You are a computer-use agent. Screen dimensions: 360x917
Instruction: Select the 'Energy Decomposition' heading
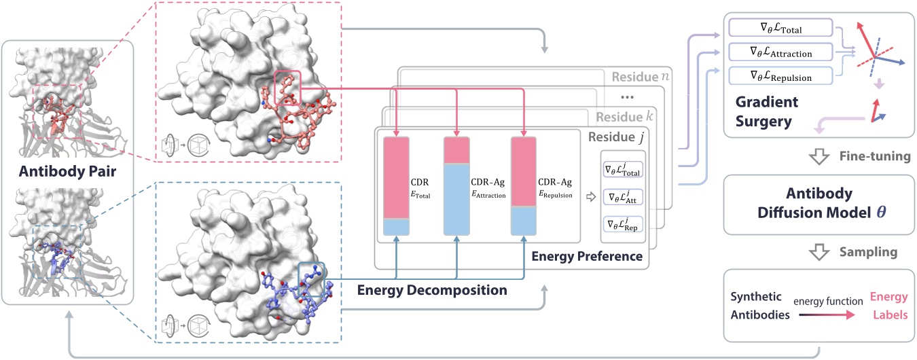[x=432, y=290]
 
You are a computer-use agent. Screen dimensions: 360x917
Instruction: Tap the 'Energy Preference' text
[x=586, y=256]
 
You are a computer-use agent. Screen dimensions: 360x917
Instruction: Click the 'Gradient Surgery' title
[x=766, y=111]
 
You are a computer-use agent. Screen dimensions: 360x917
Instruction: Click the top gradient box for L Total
[x=780, y=28]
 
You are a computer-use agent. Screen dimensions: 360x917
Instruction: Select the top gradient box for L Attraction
[x=780, y=52]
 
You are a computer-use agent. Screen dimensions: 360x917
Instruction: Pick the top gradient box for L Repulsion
[x=780, y=76]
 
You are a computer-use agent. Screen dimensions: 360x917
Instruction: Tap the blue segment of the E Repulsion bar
[x=524, y=220]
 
